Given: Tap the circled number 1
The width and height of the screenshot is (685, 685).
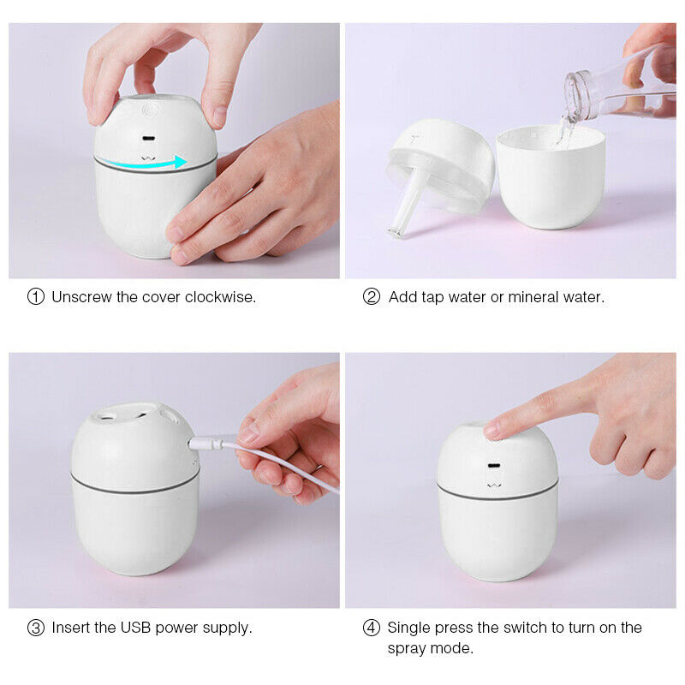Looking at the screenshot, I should (36, 297).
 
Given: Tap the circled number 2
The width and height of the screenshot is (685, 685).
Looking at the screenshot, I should (372, 297).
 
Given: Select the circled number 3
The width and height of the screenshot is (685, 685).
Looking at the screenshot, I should (36, 628).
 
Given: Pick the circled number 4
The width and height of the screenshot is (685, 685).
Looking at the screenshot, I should (372, 628).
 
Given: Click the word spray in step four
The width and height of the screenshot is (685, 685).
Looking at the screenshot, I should (407, 648).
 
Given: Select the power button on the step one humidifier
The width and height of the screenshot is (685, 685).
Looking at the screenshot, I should (151, 110).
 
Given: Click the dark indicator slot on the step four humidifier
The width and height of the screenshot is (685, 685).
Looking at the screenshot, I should (494, 468).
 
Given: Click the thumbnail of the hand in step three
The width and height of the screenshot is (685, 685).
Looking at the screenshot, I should (248, 433).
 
